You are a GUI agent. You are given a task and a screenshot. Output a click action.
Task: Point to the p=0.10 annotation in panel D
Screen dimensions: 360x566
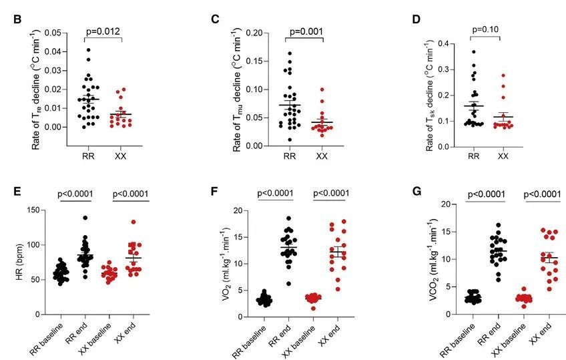coord(486,30)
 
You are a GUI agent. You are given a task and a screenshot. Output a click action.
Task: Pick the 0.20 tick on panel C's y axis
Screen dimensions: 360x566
coord(258,33)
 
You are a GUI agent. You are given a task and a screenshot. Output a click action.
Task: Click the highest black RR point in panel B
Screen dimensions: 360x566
coord(87,49)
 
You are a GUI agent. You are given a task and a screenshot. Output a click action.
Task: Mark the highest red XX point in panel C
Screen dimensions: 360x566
coord(322,89)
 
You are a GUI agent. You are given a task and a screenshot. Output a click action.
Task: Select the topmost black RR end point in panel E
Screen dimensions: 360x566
coord(85,218)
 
